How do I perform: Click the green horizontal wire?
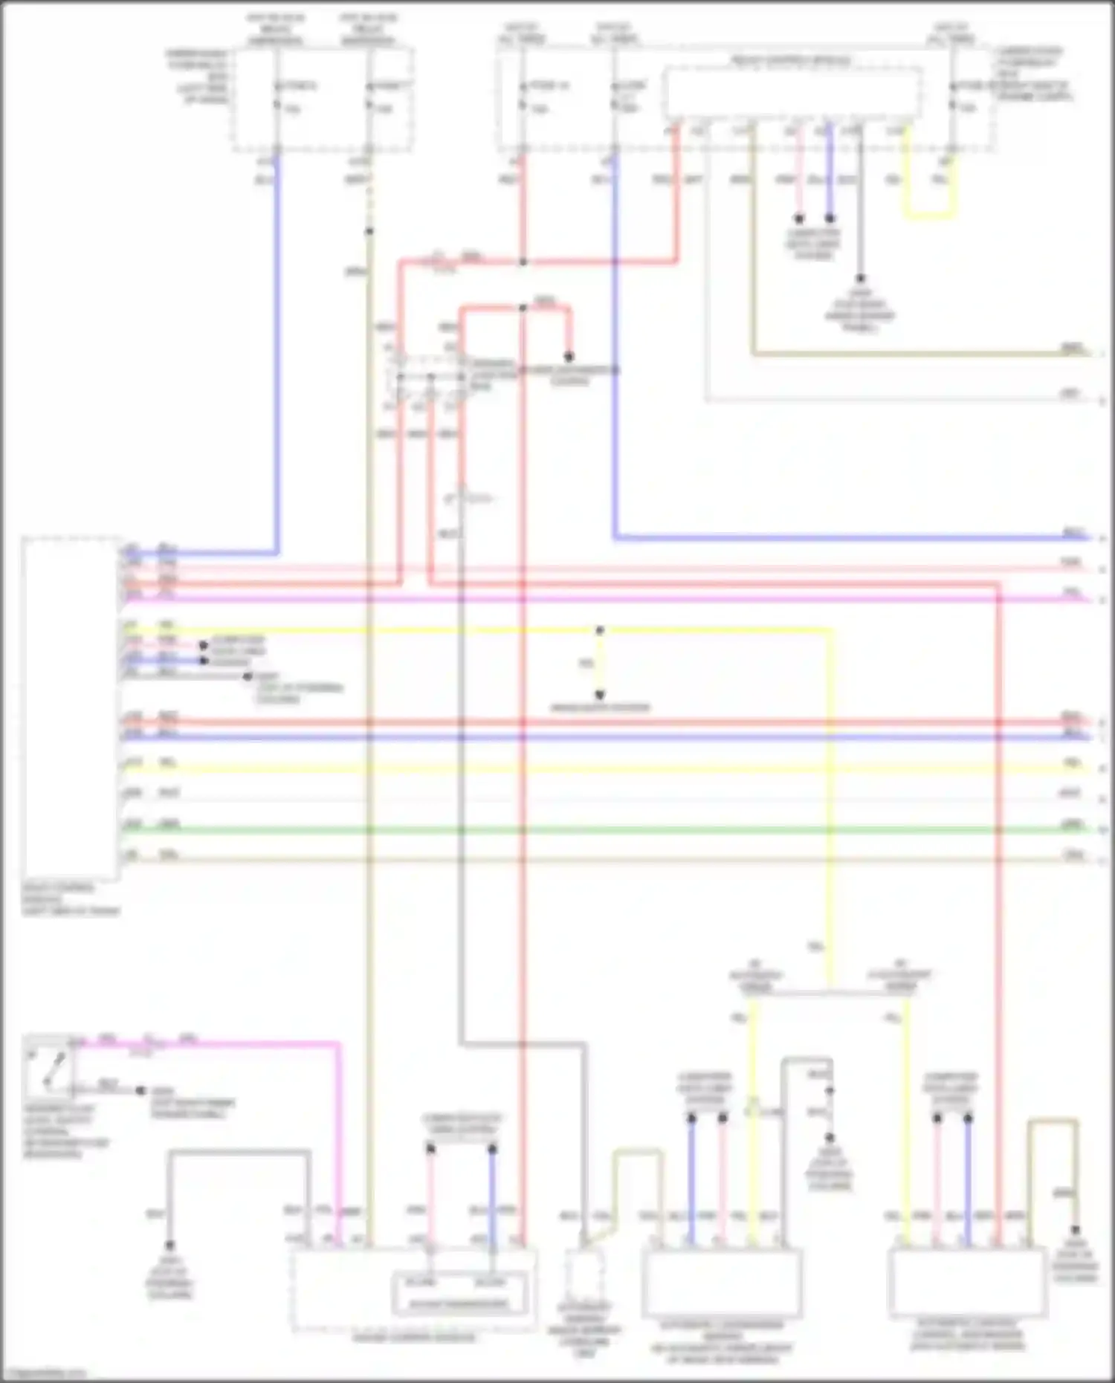pos(595,829)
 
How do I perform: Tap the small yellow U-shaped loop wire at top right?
pos(929,216)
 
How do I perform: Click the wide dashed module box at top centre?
pos(793,93)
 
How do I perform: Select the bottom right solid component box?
pos(967,1282)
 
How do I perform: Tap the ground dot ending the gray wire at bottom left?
pos(170,1246)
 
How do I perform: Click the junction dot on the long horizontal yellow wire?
pos(600,631)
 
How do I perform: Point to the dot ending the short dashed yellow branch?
pos(600,696)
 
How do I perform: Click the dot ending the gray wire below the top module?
pos(860,279)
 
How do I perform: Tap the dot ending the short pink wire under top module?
pos(799,219)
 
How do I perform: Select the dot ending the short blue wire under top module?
pos(830,219)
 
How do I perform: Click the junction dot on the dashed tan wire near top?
pos(369,232)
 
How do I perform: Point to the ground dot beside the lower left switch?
pos(140,1091)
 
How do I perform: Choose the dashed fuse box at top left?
pos(323,100)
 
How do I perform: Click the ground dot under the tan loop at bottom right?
pos(1075,1231)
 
